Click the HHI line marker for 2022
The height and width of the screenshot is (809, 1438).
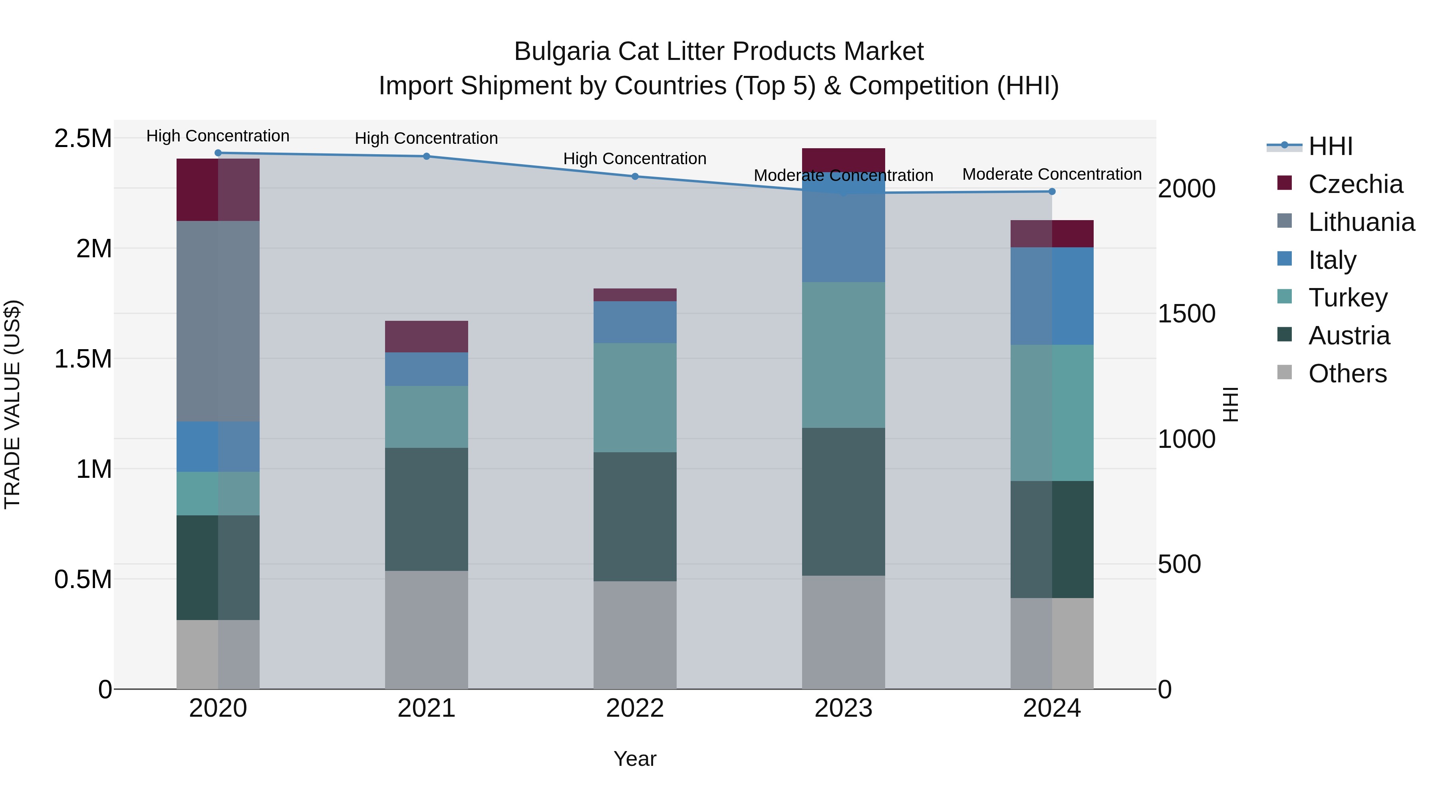pyautogui.click(x=635, y=177)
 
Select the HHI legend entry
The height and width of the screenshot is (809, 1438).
pyautogui.click(x=1330, y=146)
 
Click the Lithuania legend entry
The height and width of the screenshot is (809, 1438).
pyautogui.click(x=1361, y=222)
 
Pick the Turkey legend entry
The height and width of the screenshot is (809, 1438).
pyautogui.click(x=1348, y=298)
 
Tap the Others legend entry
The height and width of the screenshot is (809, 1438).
pyautogui.click(x=1347, y=374)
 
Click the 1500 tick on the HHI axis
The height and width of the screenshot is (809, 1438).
pyautogui.click(x=1186, y=314)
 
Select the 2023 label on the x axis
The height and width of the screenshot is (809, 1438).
pyautogui.click(x=843, y=708)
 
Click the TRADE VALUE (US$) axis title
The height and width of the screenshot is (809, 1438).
pyautogui.click(x=12, y=404)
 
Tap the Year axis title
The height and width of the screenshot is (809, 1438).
pyautogui.click(x=635, y=759)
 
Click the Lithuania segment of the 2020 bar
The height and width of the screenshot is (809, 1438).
pyautogui.click(x=218, y=321)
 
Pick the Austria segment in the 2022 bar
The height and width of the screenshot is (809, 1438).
pyautogui.click(x=635, y=517)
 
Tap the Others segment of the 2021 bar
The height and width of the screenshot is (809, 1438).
pyautogui.click(x=427, y=629)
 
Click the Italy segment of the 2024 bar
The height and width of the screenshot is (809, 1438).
pyautogui.click(x=1052, y=296)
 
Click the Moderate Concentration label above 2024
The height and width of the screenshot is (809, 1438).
pyautogui.click(x=1052, y=174)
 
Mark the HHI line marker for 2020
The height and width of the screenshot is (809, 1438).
pyautogui.click(x=218, y=153)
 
